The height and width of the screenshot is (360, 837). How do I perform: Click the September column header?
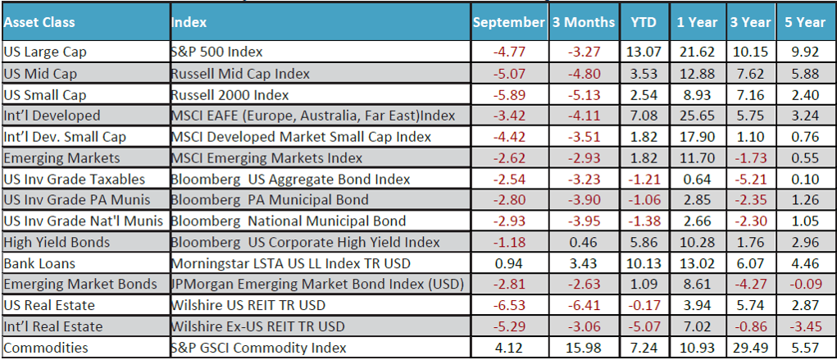tap(509, 23)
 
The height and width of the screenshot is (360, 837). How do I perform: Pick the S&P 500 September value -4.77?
tap(509, 52)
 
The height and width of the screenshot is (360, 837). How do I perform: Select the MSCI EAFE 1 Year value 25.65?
tap(697, 116)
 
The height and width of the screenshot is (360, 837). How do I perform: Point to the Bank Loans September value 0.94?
tap(509, 263)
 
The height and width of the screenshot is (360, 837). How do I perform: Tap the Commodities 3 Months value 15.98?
tap(583, 348)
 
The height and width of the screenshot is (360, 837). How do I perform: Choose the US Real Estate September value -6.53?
tap(509, 305)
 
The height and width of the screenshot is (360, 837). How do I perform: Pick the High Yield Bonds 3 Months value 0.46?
tap(583, 242)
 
